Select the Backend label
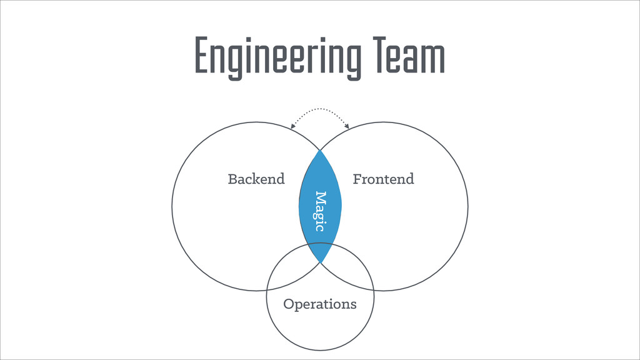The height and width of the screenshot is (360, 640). [256, 179]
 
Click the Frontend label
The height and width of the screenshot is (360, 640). [383, 179]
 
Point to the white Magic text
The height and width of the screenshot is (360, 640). [321, 211]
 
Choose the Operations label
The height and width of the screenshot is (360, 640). [320, 304]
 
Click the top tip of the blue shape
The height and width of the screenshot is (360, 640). [320, 150]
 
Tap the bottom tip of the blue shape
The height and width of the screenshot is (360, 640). [321, 262]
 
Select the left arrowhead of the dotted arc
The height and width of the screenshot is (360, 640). [292, 127]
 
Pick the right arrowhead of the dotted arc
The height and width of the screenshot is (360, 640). [347, 127]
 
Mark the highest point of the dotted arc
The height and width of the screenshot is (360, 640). [320, 109]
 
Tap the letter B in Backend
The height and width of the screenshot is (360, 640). [232, 179]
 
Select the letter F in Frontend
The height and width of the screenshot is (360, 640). [357, 179]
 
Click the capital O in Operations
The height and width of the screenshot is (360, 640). [289, 304]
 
